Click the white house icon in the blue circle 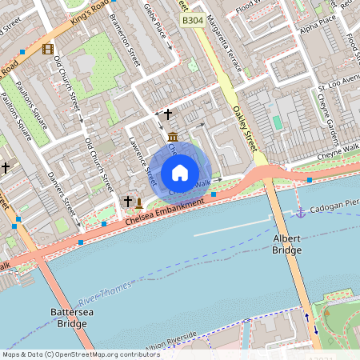[x=180, y=173]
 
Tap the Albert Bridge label [x=286, y=245]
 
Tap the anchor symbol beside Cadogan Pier [x=301, y=212]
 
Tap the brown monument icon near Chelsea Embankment [x=139, y=202]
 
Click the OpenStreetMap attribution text [x=80, y=354]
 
